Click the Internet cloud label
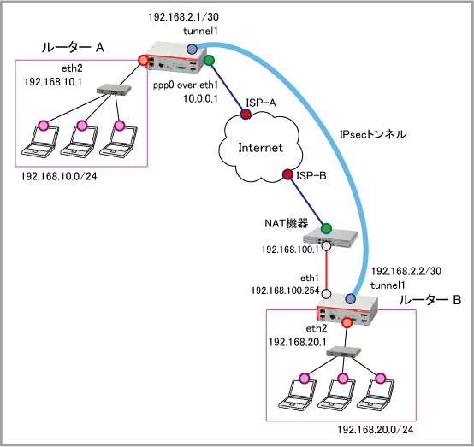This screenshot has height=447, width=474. (261, 148)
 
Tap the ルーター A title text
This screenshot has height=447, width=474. (73, 47)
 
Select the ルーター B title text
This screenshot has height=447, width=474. (430, 300)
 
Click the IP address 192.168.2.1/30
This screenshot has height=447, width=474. (183, 17)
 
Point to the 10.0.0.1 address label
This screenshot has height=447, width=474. (200, 98)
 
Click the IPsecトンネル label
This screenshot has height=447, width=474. (373, 134)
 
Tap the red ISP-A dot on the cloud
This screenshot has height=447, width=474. (246, 114)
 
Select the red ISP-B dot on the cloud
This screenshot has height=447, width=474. (287, 174)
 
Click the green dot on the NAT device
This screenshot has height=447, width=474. (326, 229)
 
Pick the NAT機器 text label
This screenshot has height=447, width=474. (287, 223)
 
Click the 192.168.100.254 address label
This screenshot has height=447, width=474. (285, 291)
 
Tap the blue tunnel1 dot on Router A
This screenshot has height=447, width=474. (192, 49)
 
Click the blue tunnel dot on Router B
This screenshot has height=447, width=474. (350, 298)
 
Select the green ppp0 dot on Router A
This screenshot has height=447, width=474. (209, 60)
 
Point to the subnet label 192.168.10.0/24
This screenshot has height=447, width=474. (59, 176)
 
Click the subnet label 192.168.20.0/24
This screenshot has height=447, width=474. (376, 430)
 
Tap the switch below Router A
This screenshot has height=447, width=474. (114, 90)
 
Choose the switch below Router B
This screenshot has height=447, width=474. (344, 352)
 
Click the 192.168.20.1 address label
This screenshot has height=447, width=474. (298, 342)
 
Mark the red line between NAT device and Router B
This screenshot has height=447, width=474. (327, 270)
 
